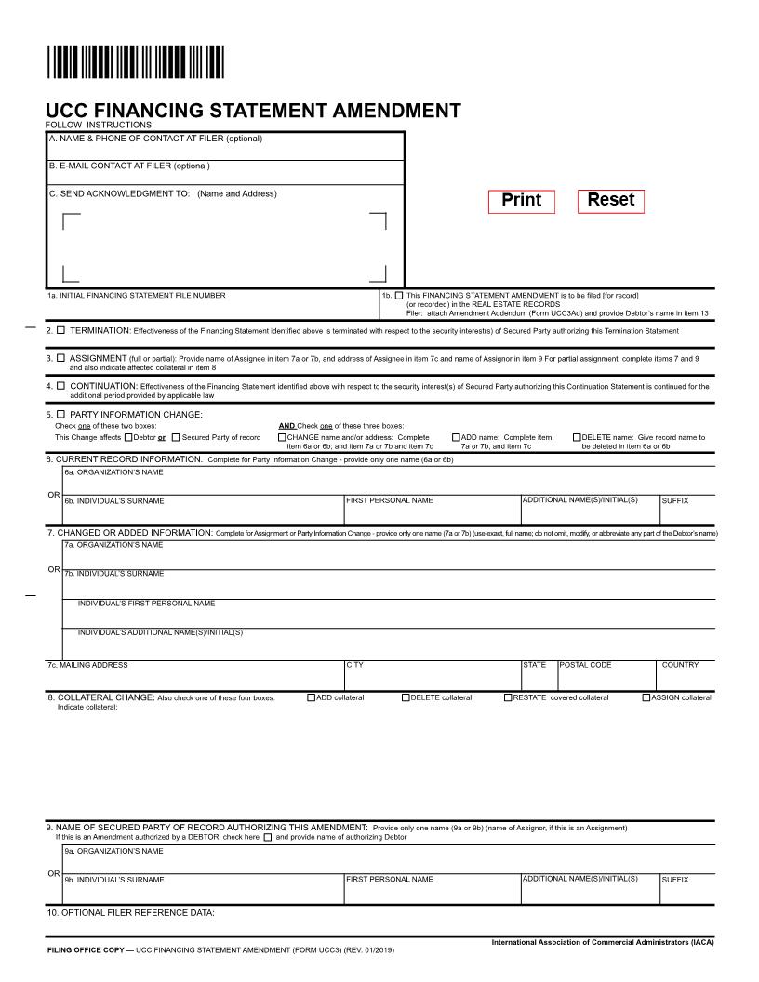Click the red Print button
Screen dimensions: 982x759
pos(521,201)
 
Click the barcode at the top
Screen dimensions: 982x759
pos(135,63)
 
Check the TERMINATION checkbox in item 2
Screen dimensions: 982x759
pos(61,330)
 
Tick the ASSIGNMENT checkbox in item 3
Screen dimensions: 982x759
pos(61,358)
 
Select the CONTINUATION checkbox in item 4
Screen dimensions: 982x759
pos(61,385)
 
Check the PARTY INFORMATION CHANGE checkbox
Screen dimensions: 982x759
pos(61,414)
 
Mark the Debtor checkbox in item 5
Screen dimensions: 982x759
pos(128,437)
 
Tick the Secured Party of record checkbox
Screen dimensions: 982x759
pos(176,437)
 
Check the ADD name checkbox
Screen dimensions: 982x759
pos(457,437)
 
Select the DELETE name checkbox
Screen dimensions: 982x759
pos(577,437)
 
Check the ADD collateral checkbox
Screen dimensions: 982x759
pos(311,697)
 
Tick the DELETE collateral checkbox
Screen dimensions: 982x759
pos(406,697)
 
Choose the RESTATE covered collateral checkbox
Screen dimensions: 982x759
pos(508,697)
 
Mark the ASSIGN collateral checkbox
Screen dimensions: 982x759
pos(646,697)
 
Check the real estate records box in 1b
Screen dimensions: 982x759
pos(399,296)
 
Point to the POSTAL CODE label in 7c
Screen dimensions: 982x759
pos(585,665)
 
